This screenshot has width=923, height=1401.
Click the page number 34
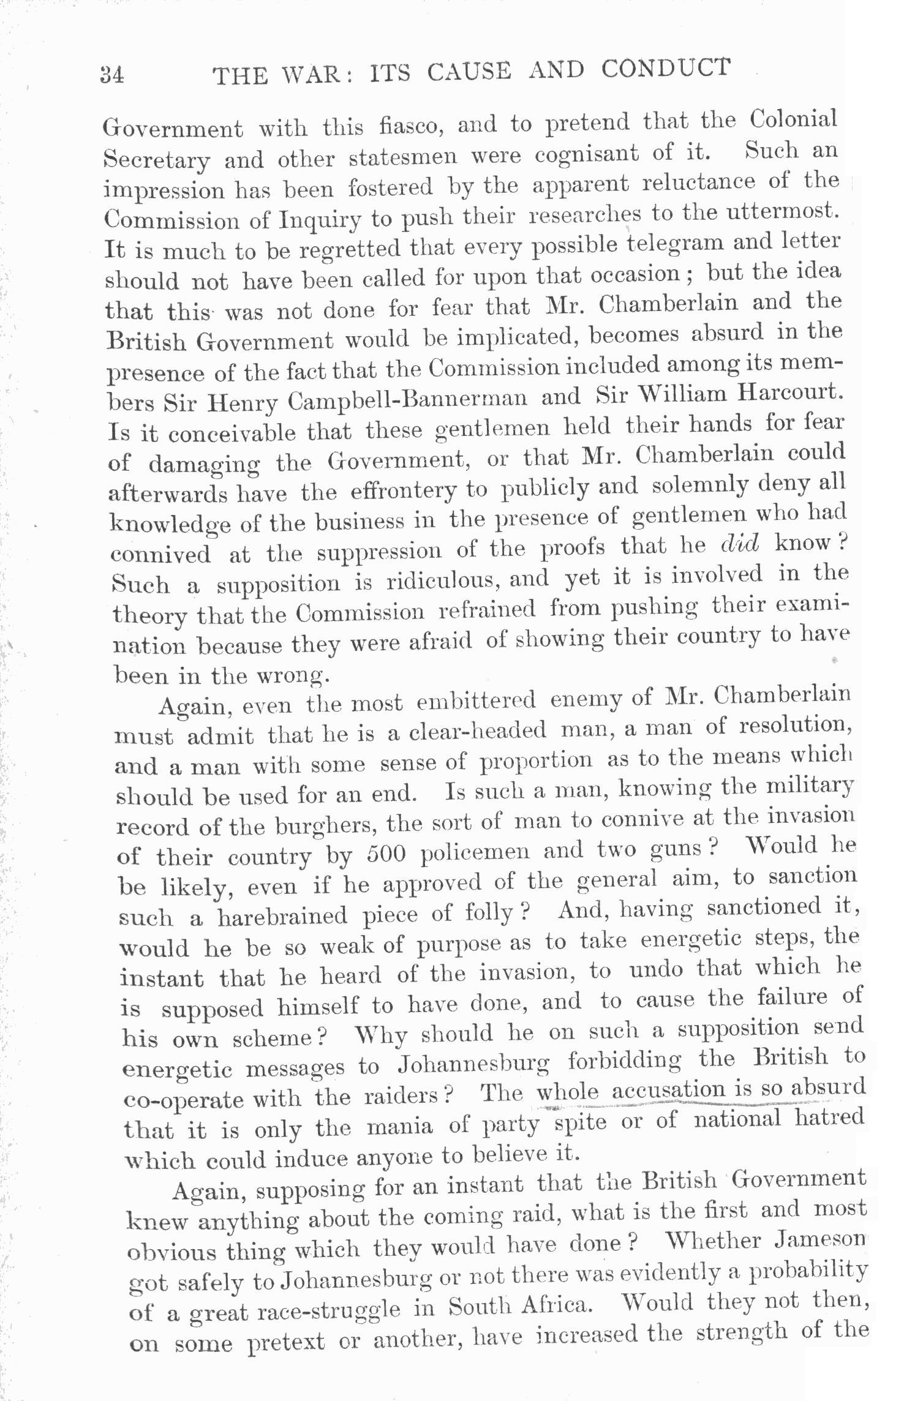coord(113,76)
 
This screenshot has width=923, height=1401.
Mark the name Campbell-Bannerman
coord(407,400)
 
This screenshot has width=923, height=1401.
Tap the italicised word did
coord(740,544)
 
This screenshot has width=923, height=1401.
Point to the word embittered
coord(476,700)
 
